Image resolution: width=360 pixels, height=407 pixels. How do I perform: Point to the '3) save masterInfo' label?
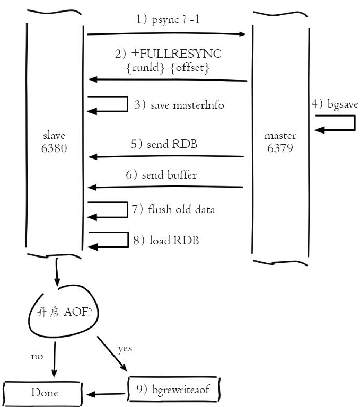click(179, 105)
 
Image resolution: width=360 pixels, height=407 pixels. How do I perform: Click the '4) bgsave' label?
click(335, 104)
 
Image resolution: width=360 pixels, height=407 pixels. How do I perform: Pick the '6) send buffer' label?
click(168, 175)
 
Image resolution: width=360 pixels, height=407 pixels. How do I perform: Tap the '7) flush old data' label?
click(173, 209)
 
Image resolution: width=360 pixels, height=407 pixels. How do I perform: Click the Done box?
click(44, 393)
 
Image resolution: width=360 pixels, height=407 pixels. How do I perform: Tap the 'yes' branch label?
click(124, 349)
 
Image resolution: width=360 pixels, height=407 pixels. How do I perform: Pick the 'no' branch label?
click(37, 357)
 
